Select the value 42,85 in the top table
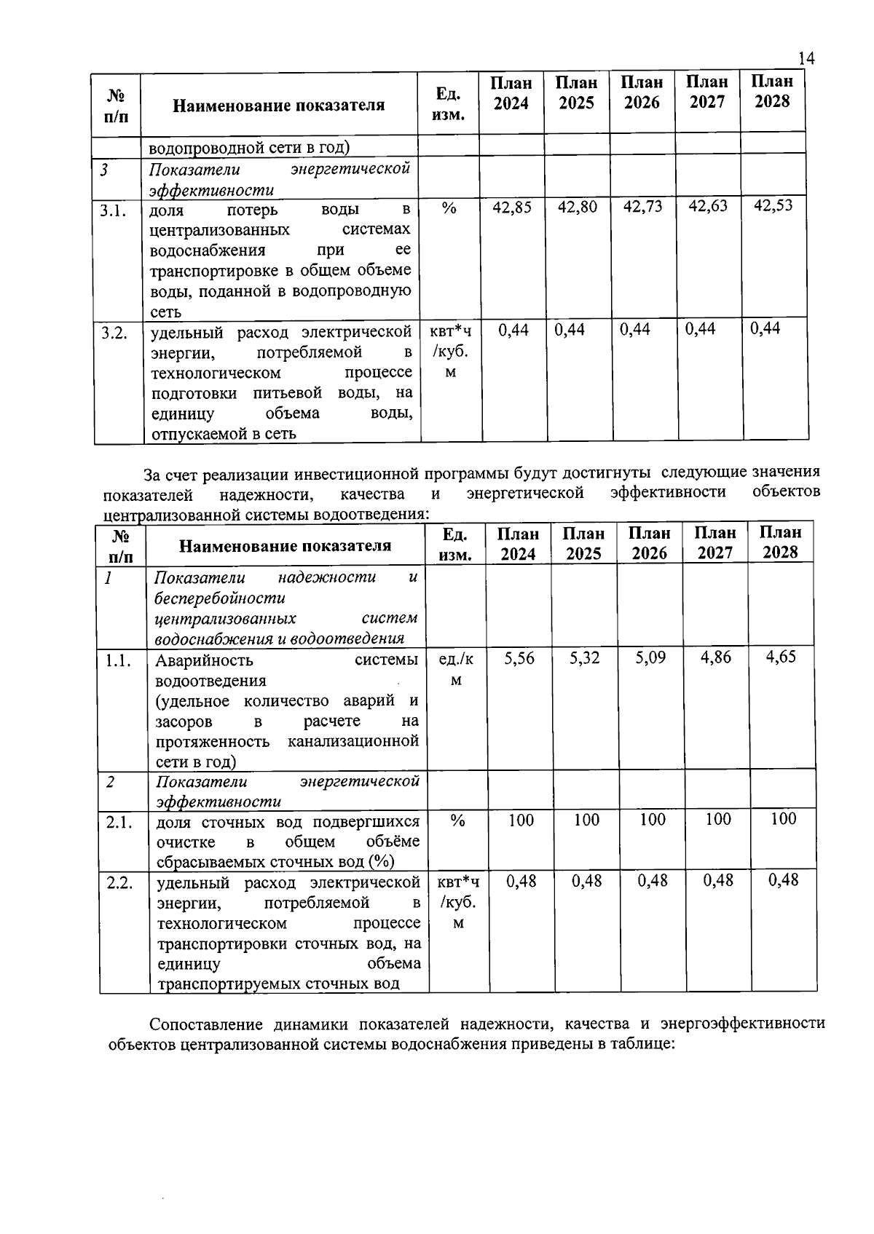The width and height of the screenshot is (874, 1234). [512, 207]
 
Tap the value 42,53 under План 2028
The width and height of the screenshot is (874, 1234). [773, 206]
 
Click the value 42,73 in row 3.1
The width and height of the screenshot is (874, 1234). [642, 207]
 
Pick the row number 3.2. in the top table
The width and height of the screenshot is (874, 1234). [115, 333]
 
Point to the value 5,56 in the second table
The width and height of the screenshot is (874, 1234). [519, 658]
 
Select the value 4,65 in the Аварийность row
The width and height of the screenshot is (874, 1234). [781, 657]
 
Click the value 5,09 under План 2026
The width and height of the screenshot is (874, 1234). [650, 658]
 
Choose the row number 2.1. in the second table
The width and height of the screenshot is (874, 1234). [119, 823]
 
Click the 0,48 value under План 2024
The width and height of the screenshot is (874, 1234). [521, 881]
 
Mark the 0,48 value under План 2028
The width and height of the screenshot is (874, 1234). [783, 880]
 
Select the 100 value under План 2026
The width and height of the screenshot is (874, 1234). [653, 820]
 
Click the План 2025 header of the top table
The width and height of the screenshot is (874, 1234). [576, 92]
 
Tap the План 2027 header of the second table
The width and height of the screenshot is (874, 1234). [715, 543]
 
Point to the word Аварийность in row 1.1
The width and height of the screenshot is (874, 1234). [204, 660]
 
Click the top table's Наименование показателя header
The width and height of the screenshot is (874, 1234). [278, 106]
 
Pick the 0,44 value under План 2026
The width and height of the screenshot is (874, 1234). [635, 330]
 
